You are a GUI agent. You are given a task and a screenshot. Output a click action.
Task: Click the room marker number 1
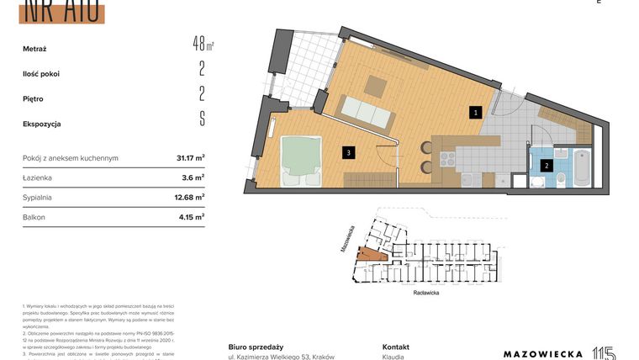475,111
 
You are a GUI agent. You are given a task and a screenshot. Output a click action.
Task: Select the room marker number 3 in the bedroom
346,152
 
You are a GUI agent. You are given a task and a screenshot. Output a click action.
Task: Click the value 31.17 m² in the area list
190,157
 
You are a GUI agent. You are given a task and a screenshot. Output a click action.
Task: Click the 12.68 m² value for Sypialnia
190,198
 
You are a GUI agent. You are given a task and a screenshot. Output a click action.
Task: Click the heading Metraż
35,49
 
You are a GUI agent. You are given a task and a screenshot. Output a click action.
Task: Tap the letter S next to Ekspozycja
202,119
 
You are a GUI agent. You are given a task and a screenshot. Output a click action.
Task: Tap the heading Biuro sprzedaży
256,347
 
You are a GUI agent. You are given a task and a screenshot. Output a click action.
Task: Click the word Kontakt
395,347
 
